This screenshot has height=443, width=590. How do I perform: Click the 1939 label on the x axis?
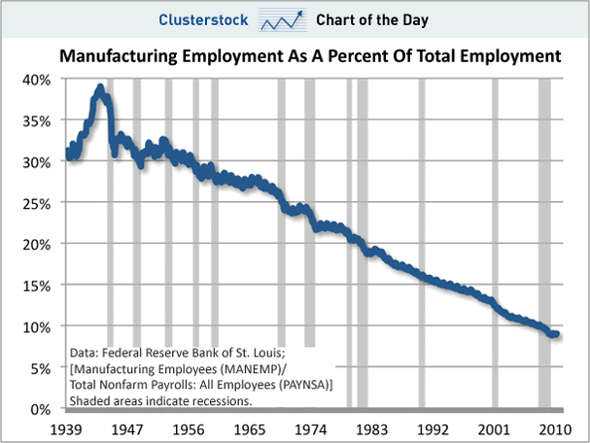click(67, 428)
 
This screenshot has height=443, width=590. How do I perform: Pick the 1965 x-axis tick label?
click(251, 428)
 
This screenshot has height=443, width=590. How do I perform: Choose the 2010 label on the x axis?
click(553, 428)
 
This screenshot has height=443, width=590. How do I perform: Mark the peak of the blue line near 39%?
click(100, 88)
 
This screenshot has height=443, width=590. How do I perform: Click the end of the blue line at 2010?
click(555, 334)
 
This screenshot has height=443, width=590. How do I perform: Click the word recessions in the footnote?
click(225, 400)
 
